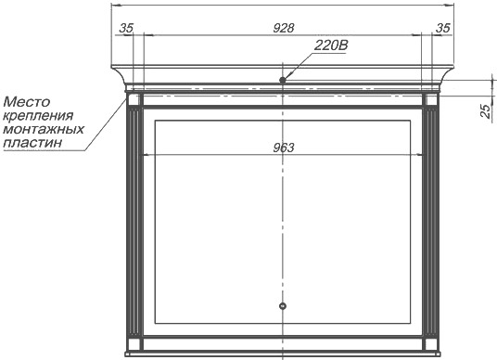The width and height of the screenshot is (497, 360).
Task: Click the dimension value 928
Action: pos(284,28)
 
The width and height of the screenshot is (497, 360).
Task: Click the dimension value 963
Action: pos(284,148)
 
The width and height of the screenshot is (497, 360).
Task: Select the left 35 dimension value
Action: pos(126,28)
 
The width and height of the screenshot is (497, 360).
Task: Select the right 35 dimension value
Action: pos(443,28)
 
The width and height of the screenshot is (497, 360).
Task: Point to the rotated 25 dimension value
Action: pos(486,111)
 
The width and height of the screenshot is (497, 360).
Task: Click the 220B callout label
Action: pos(331,45)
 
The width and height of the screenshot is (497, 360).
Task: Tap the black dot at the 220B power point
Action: pos(283,80)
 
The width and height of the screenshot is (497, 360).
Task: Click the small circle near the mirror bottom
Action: pos(283,306)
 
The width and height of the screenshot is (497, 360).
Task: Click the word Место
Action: pos(27,102)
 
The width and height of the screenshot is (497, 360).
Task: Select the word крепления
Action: pos(38,116)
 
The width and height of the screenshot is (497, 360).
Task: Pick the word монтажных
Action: pos(44,129)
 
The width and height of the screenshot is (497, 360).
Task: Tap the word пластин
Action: pos(32,143)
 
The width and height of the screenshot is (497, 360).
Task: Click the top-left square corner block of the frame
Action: pos(134,100)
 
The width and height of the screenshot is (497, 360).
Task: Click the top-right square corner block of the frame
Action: pos(431,100)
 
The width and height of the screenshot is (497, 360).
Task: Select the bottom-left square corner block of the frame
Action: pos(134,344)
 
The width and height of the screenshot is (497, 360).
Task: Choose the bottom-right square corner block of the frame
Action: pos(431,344)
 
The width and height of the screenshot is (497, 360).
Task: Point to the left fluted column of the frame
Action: pos(134,222)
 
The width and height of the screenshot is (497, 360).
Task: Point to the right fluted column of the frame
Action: pos(431,222)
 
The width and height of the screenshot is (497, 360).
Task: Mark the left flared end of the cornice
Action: pos(120,75)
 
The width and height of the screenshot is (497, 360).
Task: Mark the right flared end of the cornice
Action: pos(446,75)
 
